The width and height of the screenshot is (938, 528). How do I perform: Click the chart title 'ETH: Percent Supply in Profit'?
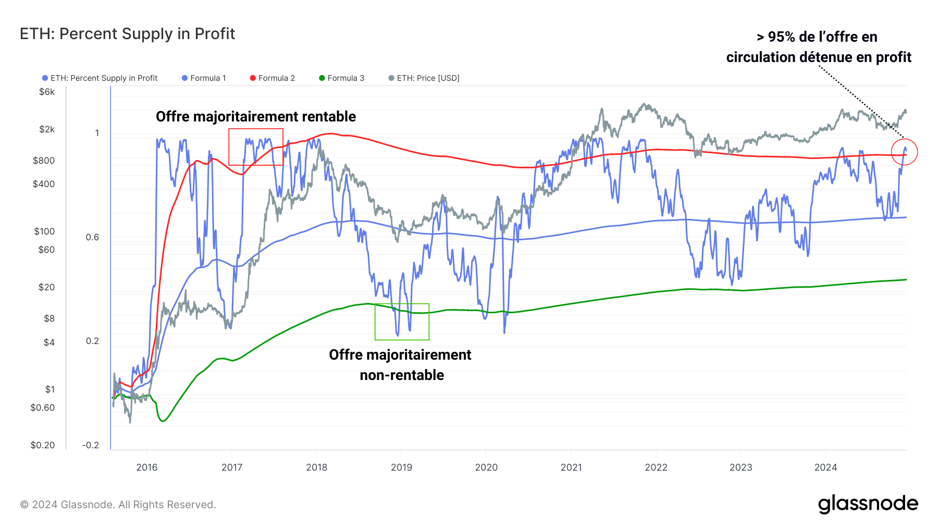point(127,34)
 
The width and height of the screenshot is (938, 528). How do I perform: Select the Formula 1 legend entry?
point(204,78)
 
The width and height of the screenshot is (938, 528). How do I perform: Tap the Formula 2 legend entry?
point(273,78)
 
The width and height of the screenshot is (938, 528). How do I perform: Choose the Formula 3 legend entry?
point(342,78)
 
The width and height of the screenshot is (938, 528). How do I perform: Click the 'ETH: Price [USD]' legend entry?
point(424,78)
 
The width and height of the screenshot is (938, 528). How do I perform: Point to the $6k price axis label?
point(47,92)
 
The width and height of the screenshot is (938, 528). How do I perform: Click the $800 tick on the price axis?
point(44,161)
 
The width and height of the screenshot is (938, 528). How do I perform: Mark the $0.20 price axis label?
point(43,445)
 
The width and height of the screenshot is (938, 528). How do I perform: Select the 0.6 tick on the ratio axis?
point(92,237)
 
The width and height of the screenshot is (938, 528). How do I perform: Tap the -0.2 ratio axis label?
point(91,445)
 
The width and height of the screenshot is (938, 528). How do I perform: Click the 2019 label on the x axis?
point(401,468)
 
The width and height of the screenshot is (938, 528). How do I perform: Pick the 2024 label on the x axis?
point(825,468)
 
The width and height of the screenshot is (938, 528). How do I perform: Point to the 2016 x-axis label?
point(147,468)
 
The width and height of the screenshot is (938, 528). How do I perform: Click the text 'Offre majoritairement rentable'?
point(256,117)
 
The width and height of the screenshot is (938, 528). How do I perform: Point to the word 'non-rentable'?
point(402,375)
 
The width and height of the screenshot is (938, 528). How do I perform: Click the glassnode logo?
point(868,504)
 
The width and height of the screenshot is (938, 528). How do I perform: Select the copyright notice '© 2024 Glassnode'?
point(118,505)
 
